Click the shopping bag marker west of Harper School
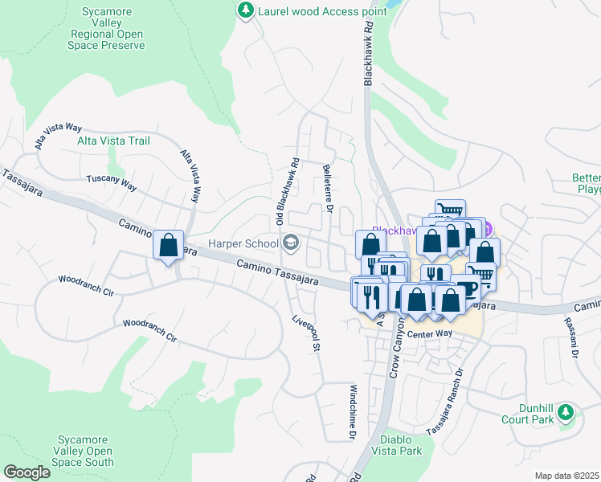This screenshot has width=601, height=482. [x=169, y=245]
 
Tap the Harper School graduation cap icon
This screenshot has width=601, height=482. [x=289, y=243]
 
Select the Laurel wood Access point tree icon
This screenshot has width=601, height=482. [x=245, y=10]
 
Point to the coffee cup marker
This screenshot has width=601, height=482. [x=467, y=288]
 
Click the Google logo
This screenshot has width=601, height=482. [x=27, y=472]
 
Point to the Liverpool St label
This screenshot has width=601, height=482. [x=306, y=333]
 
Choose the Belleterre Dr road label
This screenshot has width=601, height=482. [x=328, y=190]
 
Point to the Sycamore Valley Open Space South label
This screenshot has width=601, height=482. [x=83, y=450]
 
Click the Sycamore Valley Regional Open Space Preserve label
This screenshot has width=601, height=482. [x=112, y=29]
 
